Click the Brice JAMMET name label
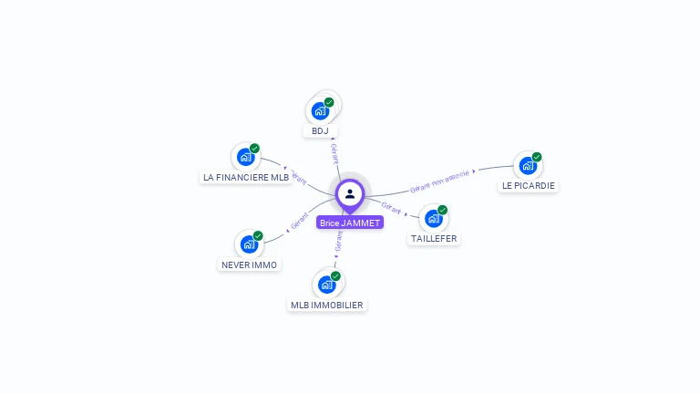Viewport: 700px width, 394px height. click(x=350, y=223)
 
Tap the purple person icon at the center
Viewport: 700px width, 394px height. click(x=350, y=193)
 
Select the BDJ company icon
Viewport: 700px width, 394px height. click(x=320, y=110)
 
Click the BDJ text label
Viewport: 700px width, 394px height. click(x=319, y=131)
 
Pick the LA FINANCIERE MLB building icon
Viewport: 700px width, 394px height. click(x=245, y=156)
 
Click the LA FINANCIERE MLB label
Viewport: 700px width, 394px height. click(x=245, y=178)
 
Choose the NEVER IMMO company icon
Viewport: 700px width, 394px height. click(x=249, y=244)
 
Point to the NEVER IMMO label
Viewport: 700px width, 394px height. click(x=250, y=265)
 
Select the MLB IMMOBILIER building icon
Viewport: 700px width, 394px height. click(x=326, y=284)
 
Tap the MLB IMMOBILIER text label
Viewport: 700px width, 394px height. click(x=327, y=305)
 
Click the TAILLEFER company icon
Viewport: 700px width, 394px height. click(x=434, y=218)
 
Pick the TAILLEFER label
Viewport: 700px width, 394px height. click(x=434, y=239)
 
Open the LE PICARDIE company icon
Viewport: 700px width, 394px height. click(x=528, y=165)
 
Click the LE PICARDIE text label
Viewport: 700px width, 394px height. click(x=528, y=186)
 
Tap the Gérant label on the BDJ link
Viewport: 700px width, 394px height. click(x=335, y=154)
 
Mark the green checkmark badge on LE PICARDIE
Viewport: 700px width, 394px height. click(x=537, y=157)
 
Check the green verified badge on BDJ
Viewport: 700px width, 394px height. click(x=329, y=102)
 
